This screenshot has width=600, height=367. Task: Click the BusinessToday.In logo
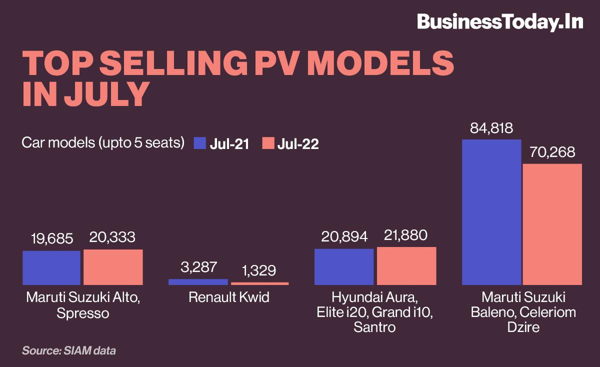point(499,22)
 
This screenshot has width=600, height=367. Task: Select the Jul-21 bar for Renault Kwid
point(198,282)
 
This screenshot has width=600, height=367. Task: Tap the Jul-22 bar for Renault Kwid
point(259,283)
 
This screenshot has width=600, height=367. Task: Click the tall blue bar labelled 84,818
point(491,212)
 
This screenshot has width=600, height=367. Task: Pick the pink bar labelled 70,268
point(552,224)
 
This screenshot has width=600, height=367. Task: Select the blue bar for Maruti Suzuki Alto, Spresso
point(51,267)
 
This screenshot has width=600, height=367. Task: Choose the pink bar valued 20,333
point(113,267)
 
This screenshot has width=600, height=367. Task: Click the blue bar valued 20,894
point(344,266)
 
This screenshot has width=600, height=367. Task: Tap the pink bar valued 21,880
point(406,265)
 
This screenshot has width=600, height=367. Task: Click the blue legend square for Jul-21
point(199,143)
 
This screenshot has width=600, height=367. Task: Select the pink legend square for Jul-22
point(268,143)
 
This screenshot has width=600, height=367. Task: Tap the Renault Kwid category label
point(228,298)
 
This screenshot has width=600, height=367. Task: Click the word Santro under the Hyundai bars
point(374,327)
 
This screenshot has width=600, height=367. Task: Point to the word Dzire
point(522,327)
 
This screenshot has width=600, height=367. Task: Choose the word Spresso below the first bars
point(82,313)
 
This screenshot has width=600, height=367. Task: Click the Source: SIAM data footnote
point(68,350)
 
